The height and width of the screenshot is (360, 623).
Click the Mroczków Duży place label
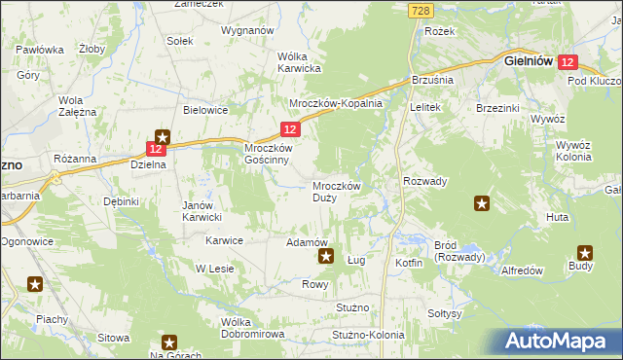point(337,192)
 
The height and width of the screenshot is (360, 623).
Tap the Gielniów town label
point(529,60)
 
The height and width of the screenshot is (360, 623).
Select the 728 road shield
point(420,10)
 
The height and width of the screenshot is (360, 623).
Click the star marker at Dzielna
point(164,138)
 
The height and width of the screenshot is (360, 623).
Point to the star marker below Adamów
point(327,258)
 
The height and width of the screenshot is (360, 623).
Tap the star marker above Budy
point(584,253)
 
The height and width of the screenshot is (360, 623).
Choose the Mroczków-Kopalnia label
point(334,103)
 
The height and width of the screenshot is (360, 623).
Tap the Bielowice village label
point(205,110)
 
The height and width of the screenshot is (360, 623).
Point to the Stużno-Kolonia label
point(342,335)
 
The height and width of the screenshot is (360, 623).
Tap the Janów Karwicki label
point(203,210)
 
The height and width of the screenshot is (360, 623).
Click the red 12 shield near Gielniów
point(569,61)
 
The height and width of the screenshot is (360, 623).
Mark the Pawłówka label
point(40,49)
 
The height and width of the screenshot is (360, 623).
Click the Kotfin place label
point(410,263)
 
